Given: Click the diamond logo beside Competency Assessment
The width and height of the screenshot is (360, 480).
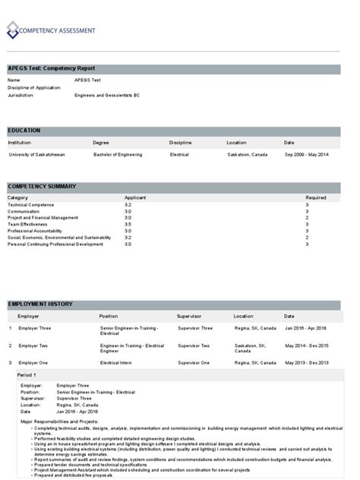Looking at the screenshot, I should click(x=13, y=30).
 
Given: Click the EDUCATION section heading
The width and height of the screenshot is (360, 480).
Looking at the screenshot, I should click(x=24, y=131).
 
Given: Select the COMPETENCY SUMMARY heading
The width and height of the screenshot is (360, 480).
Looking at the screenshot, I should click(x=41, y=186).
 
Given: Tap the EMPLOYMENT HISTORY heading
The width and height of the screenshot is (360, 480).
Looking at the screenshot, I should click(x=39, y=304).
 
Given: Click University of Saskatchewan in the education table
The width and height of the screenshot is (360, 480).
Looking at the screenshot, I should click(x=36, y=155).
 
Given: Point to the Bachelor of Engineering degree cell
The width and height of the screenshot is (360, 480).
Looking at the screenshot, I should click(x=117, y=155).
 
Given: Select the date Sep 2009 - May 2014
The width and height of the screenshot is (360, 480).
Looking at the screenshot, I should click(x=306, y=155).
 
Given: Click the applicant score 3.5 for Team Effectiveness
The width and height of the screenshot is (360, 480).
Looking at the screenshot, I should click(x=128, y=225).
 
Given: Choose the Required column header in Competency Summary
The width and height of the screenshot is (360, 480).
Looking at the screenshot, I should click(x=316, y=197).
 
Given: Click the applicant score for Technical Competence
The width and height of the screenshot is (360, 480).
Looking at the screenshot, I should click(x=128, y=205).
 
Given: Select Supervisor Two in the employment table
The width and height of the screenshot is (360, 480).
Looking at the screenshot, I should click(x=193, y=346).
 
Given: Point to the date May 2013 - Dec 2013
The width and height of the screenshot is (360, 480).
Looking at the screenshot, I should click(x=307, y=363).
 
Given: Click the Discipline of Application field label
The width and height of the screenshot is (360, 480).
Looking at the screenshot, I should click(x=33, y=88).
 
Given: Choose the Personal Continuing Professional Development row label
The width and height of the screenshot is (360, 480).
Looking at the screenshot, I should click(x=55, y=245).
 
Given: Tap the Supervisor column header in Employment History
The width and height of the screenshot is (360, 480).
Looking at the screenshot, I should click(x=189, y=315).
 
